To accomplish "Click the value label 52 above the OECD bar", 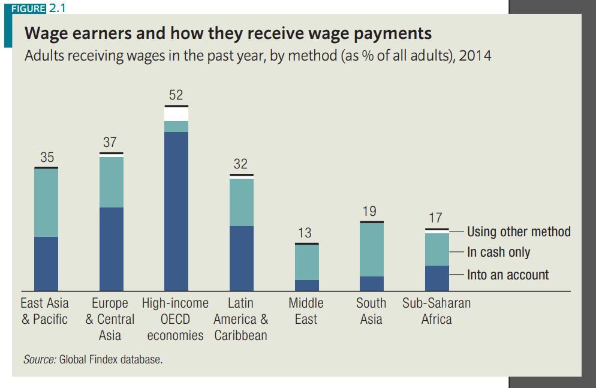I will (176, 95).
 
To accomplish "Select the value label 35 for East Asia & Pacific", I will (47, 157).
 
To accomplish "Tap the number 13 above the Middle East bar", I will (305, 233).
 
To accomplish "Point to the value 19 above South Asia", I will (370, 211).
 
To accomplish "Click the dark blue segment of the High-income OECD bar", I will (176, 210).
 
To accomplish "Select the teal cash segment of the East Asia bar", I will (46, 203).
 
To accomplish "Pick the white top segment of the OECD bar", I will (176, 114).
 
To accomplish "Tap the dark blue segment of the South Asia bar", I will (371, 283).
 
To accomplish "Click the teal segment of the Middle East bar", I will (307, 262).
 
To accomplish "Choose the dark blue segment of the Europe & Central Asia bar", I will (111, 248).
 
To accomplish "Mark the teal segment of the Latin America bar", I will (241, 202).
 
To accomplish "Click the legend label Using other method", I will (519, 231).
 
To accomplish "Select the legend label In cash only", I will (498, 252).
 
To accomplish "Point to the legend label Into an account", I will (508, 275).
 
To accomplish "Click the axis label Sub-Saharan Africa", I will (437, 311).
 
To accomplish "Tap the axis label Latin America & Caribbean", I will (241, 318).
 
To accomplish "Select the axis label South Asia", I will (371, 311).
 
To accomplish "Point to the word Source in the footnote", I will (39, 360).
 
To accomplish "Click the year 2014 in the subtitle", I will (475, 56).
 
